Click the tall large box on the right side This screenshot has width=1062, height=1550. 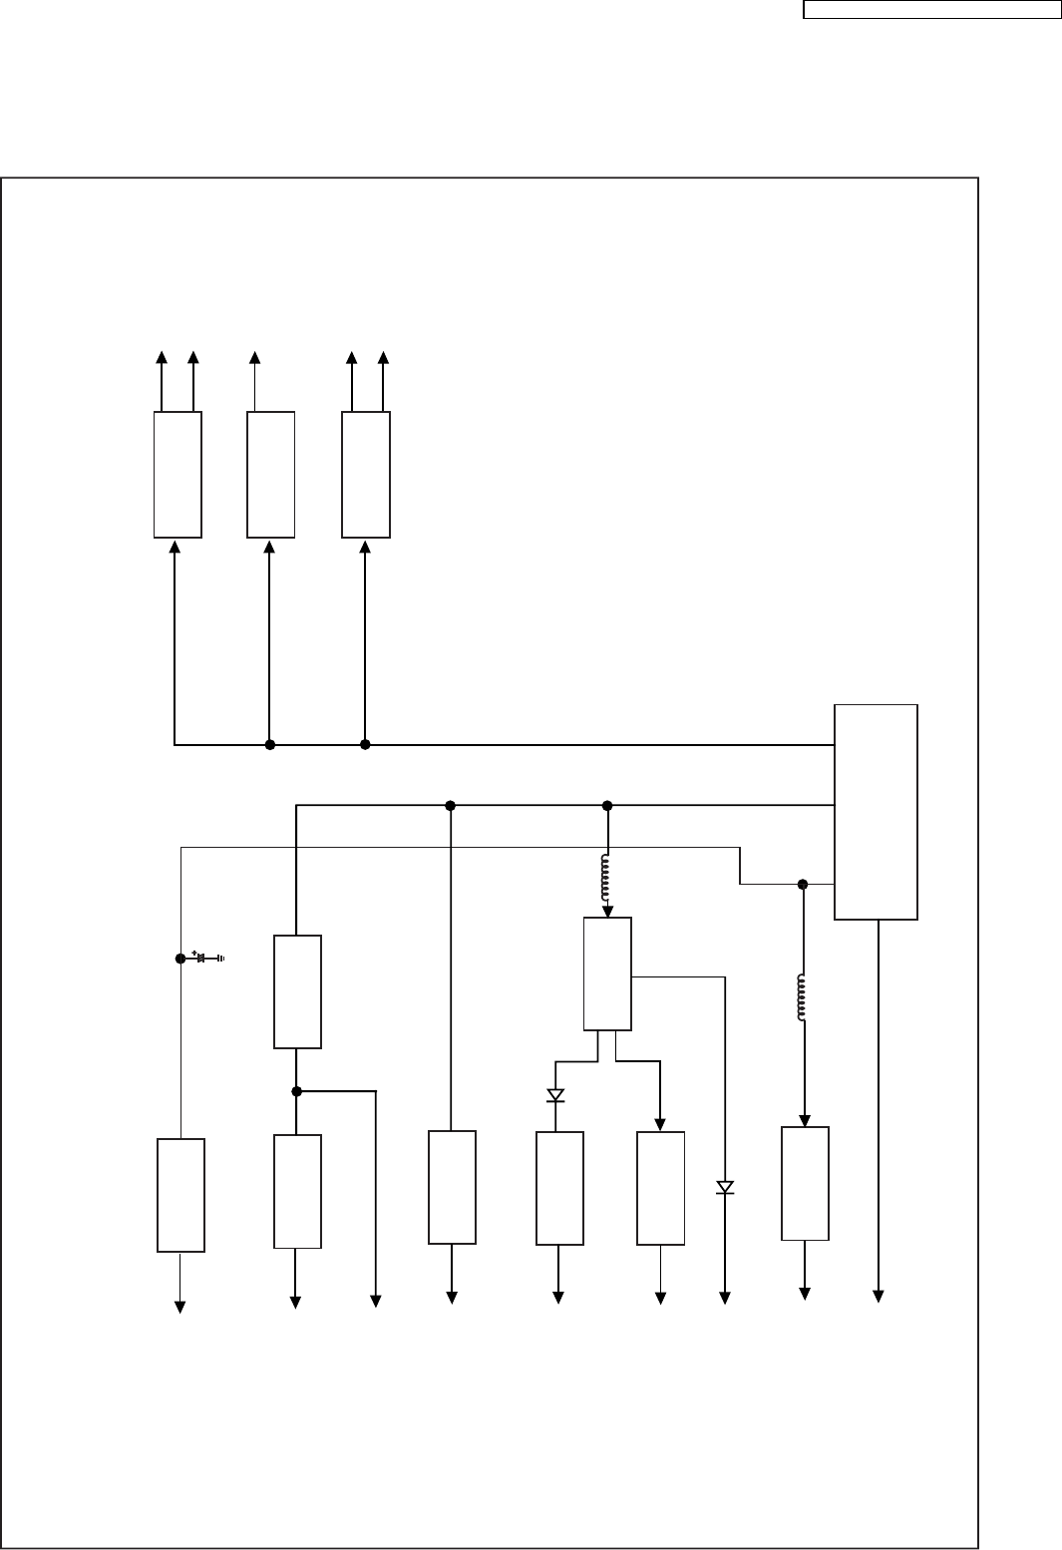click(x=876, y=811)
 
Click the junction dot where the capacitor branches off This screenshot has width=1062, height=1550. click(x=180, y=959)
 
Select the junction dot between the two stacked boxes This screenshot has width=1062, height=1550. click(x=297, y=1091)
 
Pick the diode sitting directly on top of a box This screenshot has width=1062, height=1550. click(x=555, y=1095)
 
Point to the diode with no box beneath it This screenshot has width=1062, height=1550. click(x=725, y=1187)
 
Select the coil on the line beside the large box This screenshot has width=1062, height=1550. click(x=803, y=997)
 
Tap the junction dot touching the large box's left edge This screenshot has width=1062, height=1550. click(x=803, y=884)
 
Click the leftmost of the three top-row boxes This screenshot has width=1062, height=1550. click(x=177, y=475)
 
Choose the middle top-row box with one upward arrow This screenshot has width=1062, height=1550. click(x=270, y=475)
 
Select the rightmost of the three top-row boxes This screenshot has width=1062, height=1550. click(x=366, y=475)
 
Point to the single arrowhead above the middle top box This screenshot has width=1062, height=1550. click(x=254, y=358)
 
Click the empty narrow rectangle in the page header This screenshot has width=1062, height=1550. click(x=932, y=10)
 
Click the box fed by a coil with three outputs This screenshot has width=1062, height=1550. click(x=607, y=973)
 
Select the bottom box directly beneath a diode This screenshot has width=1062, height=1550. click(x=559, y=1188)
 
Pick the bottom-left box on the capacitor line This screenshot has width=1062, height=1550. click(x=180, y=1195)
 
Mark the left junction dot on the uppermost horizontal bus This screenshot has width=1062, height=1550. click(x=269, y=744)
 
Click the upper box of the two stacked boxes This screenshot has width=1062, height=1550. click(x=297, y=991)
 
